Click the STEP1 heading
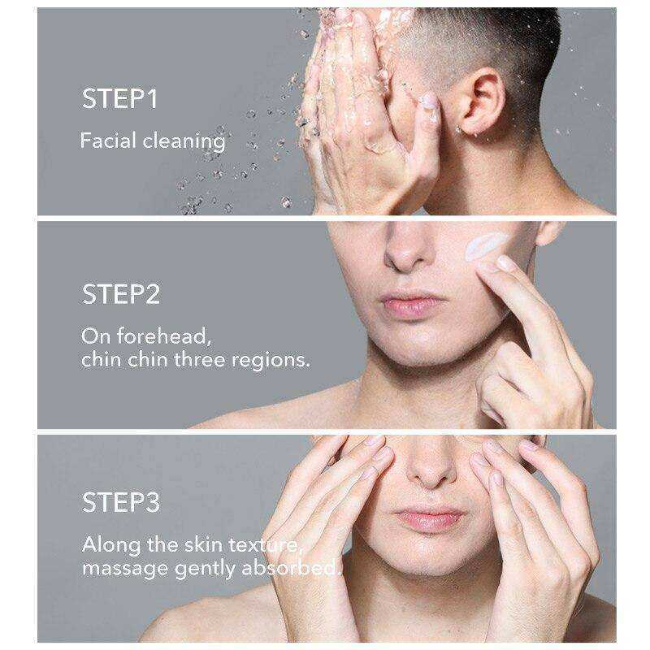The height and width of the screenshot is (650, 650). [x=119, y=98]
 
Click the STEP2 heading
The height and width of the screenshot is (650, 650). [x=120, y=294]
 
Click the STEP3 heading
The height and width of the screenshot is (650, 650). [x=120, y=502]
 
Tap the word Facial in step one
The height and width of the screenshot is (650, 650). [x=108, y=140]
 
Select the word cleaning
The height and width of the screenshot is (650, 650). [x=184, y=141]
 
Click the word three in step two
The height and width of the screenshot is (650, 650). [x=200, y=359]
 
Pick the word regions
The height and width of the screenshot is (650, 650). [x=271, y=361]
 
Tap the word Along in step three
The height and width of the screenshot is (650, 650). [x=111, y=544]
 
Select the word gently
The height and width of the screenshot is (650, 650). [x=205, y=569]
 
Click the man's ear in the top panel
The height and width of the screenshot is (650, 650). [x=482, y=102]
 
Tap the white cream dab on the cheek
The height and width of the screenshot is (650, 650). [x=486, y=246]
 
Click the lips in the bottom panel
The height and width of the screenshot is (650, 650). [x=429, y=519]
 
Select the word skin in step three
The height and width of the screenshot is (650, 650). [x=203, y=544]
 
